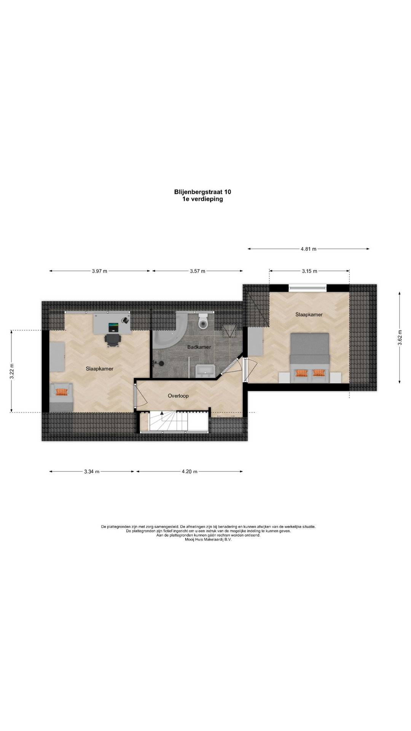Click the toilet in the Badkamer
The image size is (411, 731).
click(x=203, y=321)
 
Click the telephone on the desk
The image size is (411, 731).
click(x=125, y=320)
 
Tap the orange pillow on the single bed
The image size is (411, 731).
click(x=61, y=392)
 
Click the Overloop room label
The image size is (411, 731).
click(x=178, y=396)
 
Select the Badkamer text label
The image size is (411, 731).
click(x=199, y=347)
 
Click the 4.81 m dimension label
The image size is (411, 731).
click(x=308, y=249)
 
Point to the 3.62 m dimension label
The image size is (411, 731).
click(x=400, y=338)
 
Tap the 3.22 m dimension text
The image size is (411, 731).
click(x=11, y=371)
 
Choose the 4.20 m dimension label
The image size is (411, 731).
click(x=190, y=471)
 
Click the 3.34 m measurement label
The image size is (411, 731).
click(x=92, y=471)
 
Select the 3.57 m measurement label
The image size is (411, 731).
click(x=198, y=271)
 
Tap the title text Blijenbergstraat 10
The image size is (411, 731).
click(x=202, y=192)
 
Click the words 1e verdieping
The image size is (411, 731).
click(x=202, y=199)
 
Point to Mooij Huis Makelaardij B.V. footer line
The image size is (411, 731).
click(x=208, y=539)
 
